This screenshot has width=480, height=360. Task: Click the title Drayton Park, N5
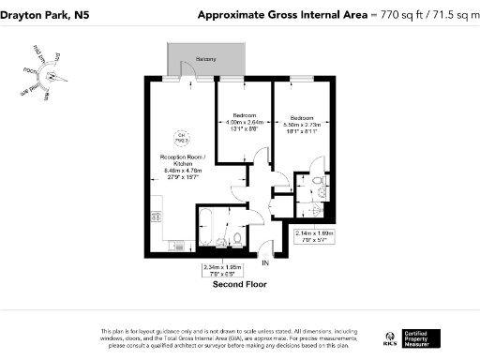(x=45, y=14)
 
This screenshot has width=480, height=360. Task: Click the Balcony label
(x=206, y=59)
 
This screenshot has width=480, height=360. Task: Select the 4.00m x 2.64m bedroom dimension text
(x=244, y=126)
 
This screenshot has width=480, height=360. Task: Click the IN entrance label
(x=265, y=262)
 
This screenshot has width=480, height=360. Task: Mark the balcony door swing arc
(x=187, y=69)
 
